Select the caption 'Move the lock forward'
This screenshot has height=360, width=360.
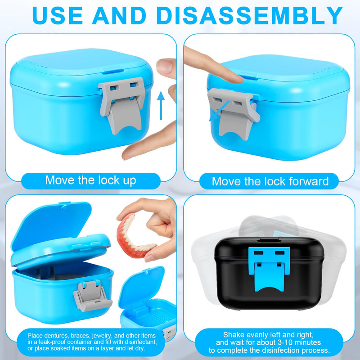click(270, 181)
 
